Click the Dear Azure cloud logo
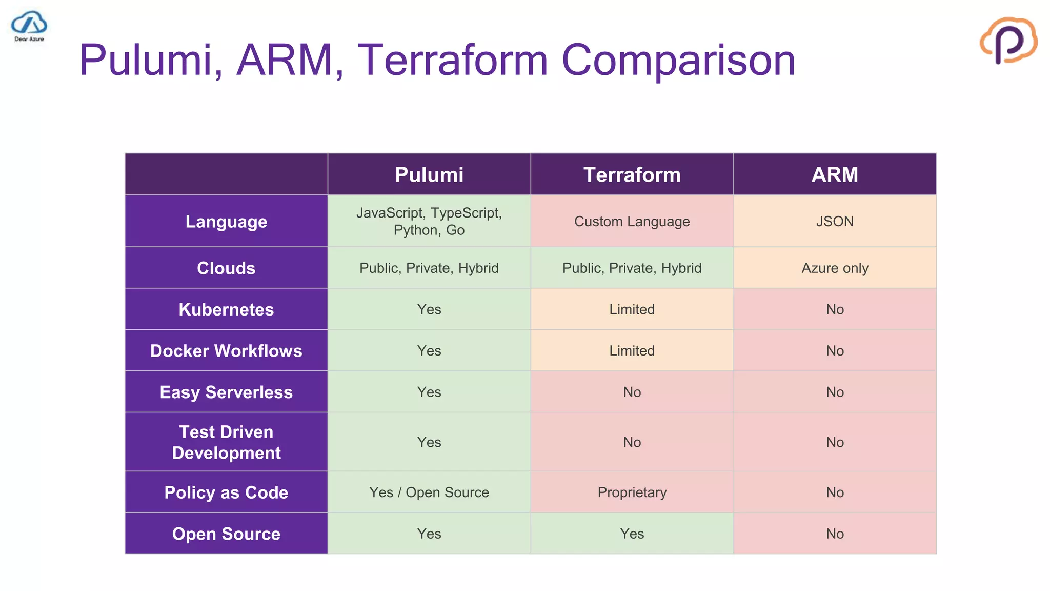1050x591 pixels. (x=29, y=26)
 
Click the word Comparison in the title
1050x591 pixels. (x=678, y=60)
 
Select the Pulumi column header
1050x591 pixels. (x=429, y=175)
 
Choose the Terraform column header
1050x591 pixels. (x=632, y=175)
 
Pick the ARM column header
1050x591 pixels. (x=834, y=175)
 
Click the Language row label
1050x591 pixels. (x=226, y=222)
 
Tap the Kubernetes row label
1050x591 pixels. (x=226, y=309)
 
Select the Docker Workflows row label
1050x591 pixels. (x=226, y=351)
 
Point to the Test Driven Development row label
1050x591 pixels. (x=226, y=442)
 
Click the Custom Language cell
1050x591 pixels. (x=632, y=222)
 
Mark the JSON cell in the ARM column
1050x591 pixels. (x=834, y=222)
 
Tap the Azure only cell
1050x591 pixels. (x=834, y=268)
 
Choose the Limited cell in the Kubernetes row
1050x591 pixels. (x=632, y=309)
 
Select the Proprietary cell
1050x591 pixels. (x=632, y=493)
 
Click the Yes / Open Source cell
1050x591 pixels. (x=429, y=493)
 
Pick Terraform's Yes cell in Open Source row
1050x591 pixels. (x=632, y=534)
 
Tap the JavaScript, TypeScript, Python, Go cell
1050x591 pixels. (x=429, y=222)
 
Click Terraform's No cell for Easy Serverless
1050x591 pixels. (x=632, y=392)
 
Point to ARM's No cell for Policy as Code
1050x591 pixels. (x=834, y=493)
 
